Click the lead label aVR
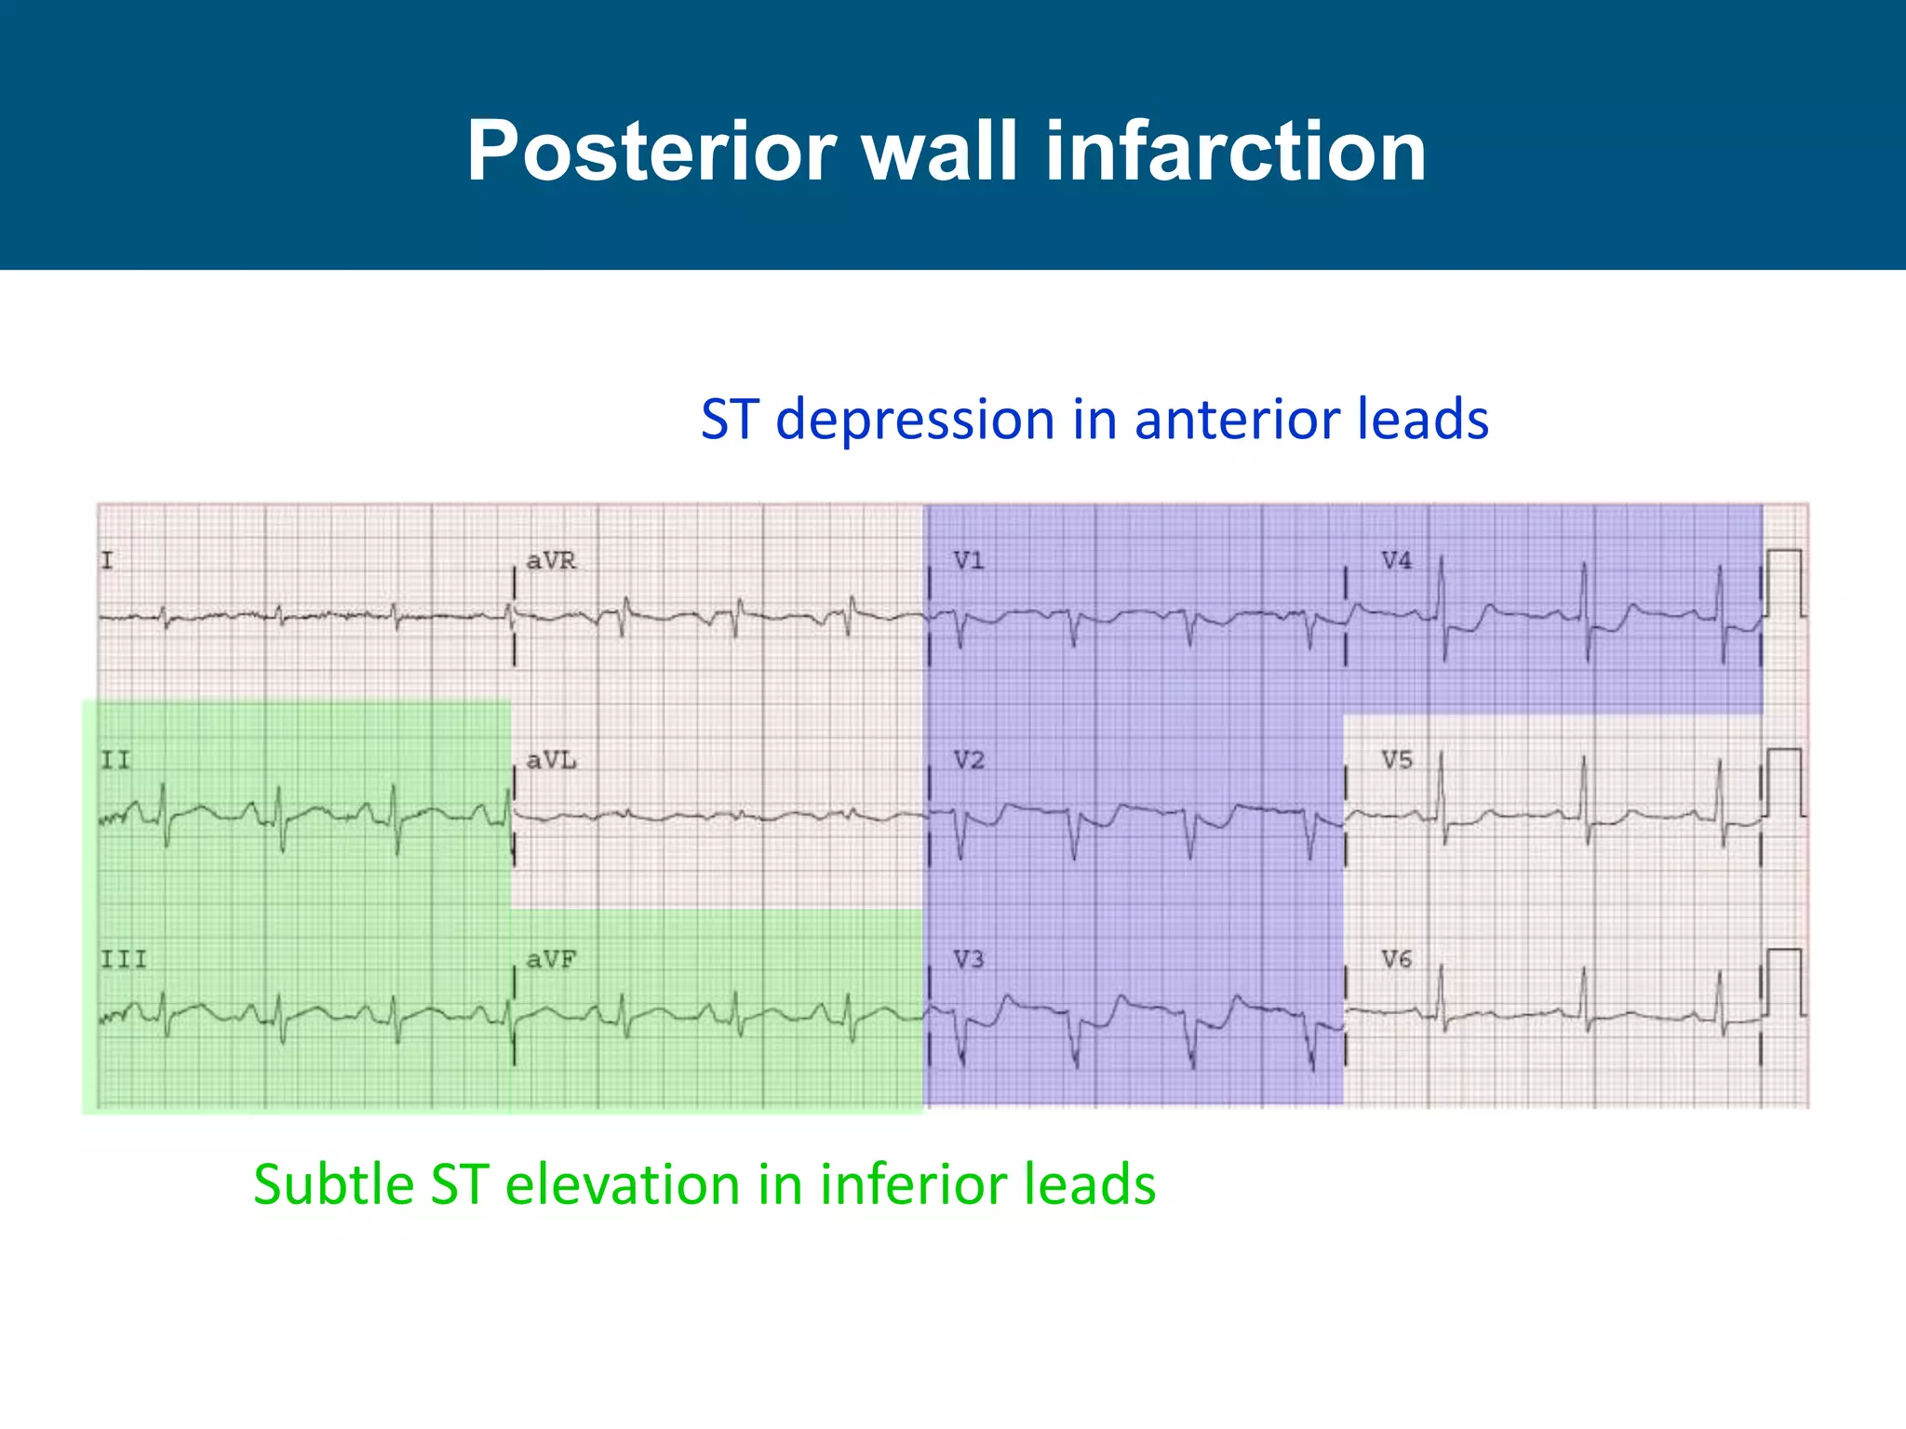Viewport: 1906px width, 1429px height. [x=551, y=561]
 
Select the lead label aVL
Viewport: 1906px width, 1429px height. [x=551, y=761]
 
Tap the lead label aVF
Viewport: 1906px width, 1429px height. [x=551, y=959]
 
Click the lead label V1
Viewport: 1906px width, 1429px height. [x=968, y=561]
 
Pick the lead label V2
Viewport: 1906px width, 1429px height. [x=968, y=761]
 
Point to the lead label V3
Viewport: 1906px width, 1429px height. [x=968, y=959]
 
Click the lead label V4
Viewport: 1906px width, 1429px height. [x=1396, y=561]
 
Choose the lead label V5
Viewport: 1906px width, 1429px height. [x=1396, y=761]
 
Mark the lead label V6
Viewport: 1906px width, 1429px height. [x=1396, y=959]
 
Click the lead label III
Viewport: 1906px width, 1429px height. [x=124, y=959]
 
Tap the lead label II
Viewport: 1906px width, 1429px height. [x=115, y=761]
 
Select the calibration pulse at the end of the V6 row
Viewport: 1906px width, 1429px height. [x=1785, y=982]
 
